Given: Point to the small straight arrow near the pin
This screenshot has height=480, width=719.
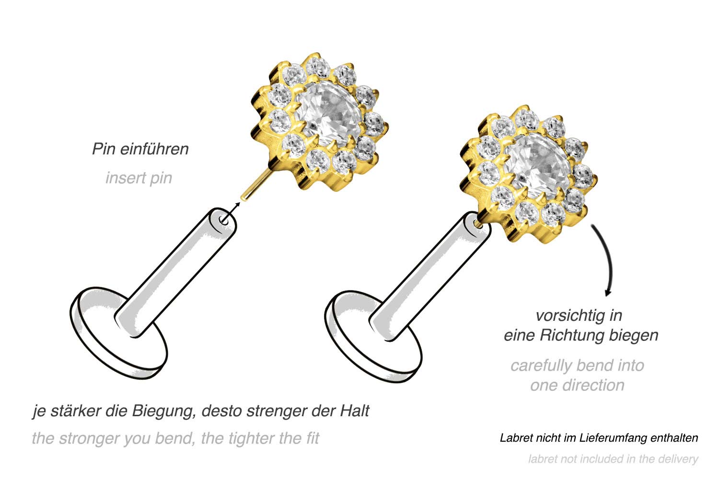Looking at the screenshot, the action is click(x=231, y=211).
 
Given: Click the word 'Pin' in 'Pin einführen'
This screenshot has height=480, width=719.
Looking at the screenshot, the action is click(x=104, y=149).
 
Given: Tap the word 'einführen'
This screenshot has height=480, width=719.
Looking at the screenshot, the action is click(x=154, y=149).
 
